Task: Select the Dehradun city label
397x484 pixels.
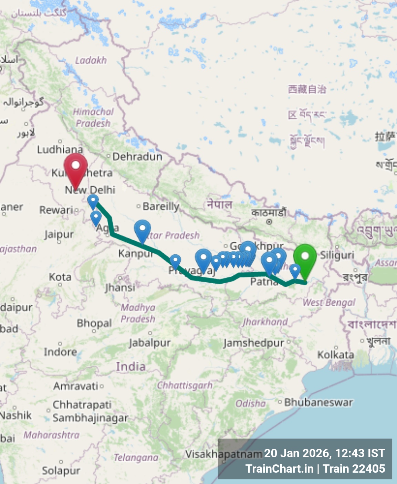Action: coord(137,157)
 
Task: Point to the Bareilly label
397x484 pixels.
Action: coord(161,206)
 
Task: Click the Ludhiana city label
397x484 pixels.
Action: coord(60,149)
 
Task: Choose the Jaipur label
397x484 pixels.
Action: coord(59,235)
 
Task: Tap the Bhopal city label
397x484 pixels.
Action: coord(94,323)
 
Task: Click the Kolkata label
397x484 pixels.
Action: coord(335,355)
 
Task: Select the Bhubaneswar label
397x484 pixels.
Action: coord(318,402)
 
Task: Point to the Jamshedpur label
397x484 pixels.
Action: coord(253,343)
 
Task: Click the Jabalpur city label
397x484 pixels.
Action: coord(149,343)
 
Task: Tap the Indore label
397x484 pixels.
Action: coord(60,352)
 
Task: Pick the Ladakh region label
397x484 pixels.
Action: coord(91,60)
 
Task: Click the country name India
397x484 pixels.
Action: coord(130,367)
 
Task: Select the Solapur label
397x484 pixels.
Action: coord(61,470)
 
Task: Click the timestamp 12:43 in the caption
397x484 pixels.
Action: coord(349,453)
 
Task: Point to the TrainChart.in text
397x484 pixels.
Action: coord(279,469)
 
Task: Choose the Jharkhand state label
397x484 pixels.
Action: coord(265,322)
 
